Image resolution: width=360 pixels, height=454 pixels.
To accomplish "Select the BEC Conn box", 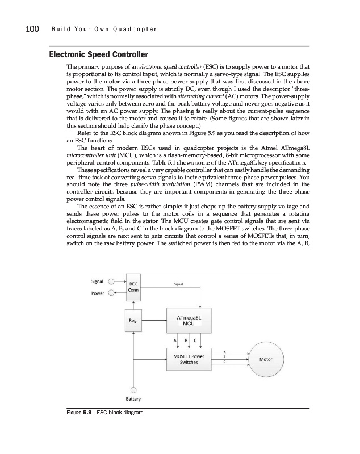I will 133,288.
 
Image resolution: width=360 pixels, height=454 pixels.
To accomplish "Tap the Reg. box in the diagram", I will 134,320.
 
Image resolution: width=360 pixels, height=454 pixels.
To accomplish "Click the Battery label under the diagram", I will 133,398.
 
